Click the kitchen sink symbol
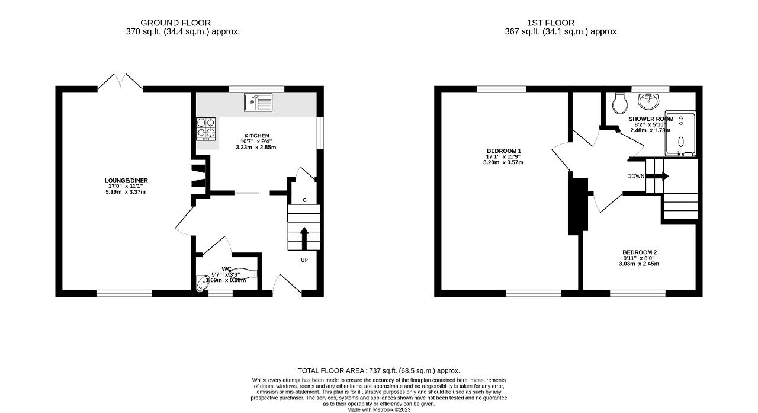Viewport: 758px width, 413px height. (257, 103)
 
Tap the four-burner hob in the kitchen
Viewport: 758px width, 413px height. (206, 129)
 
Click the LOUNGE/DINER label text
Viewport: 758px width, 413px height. (126, 180)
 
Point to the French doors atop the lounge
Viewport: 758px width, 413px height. (120, 83)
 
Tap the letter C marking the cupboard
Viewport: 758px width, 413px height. (304, 200)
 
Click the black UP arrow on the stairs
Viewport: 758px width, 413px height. (304, 238)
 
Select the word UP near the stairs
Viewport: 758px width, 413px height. (304, 260)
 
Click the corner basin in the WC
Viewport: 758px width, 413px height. (203, 286)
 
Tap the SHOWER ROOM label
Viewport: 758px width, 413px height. (651, 119)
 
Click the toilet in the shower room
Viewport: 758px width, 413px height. (620, 104)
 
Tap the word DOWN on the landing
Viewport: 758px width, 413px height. (636, 176)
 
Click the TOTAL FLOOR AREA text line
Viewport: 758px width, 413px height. (379, 370)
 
